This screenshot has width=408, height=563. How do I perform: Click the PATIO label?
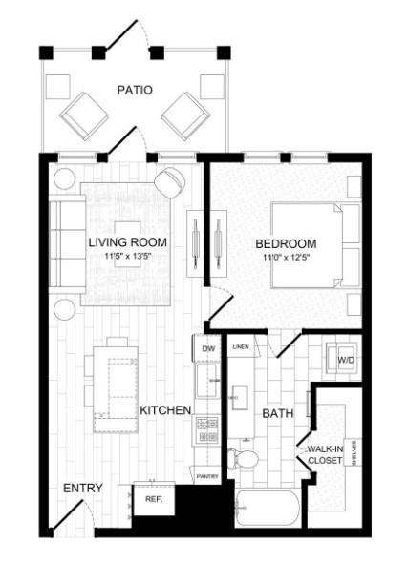135,90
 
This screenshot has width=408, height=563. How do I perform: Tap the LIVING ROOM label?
127,242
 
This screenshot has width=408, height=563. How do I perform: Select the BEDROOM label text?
286,243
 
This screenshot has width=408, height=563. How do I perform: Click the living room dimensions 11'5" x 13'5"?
127,257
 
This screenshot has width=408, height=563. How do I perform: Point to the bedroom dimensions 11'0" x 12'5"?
286,258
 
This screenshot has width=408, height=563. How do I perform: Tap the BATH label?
277,413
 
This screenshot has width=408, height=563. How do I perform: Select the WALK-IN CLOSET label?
325,454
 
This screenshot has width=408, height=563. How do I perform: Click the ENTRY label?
82,488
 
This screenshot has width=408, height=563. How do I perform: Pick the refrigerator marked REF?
153,499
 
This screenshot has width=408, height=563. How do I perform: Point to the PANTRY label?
207,476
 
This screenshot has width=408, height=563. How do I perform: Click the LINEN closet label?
240,346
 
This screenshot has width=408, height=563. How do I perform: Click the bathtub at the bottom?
271,506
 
